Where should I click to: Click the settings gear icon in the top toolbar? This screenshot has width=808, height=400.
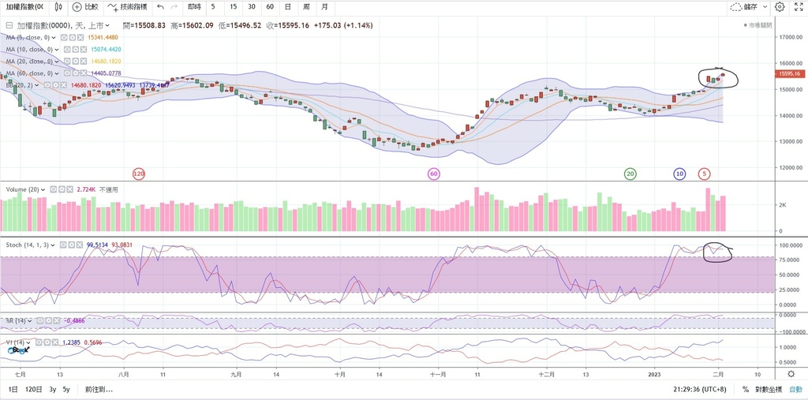[x=780, y=6]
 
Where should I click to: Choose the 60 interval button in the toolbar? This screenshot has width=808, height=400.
[x=270, y=6]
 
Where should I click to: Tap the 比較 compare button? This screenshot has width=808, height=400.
[x=85, y=6]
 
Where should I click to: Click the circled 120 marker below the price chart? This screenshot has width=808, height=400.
[x=139, y=174]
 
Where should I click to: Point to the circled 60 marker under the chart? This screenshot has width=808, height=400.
[x=433, y=174]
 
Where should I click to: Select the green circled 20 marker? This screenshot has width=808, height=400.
[x=630, y=174]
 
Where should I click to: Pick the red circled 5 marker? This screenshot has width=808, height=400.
[x=704, y=174]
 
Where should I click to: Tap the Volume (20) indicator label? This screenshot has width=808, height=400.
[x=23, y=189]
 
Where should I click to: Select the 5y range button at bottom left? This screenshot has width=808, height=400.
[x=66, y=390]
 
